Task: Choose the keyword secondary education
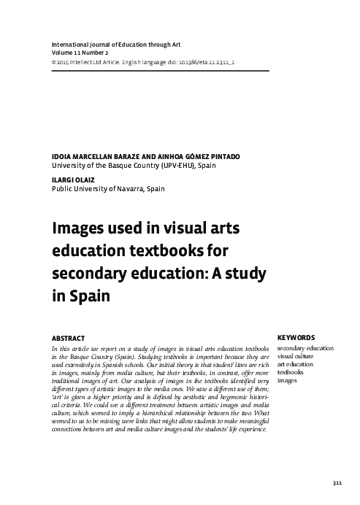(x=311, y=348)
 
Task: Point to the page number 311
(x=336, y=484)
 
